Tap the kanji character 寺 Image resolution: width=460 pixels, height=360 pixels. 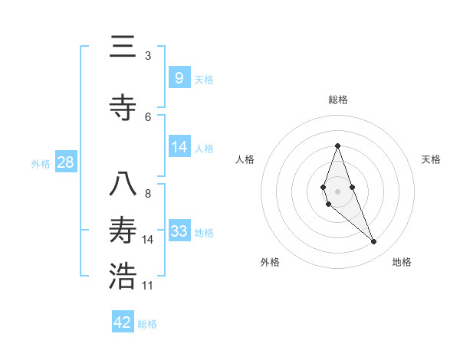click(x=123, y=108)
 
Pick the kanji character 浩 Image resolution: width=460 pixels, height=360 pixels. click(x=123, y=277)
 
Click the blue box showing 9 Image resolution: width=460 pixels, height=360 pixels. click(x=179, y=78)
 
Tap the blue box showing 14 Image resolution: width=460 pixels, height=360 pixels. click(x=179, y=147)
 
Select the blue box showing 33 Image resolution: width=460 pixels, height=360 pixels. click(x=179, y=231)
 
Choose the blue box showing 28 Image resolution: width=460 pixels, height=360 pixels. click(x=64, y=162)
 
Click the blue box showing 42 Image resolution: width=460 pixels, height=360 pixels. click(x=123, y=322)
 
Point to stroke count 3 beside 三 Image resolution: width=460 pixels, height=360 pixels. click(x=148, y=56)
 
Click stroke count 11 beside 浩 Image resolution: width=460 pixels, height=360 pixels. click(x=148, y=286)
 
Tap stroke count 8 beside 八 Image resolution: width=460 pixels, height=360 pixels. click(x=148, y=194)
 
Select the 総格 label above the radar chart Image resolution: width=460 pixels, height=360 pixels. click(x=337, y=100)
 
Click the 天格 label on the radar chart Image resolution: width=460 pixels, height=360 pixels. click(x=431, y=159)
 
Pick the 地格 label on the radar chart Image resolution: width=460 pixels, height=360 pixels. click(x=402, y=262)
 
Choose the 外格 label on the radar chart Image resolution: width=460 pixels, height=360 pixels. click(x=270, y=262)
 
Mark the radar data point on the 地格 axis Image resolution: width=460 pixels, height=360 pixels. click(x=373, y=242)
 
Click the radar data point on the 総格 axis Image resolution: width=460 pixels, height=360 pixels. click(x=337, y=146)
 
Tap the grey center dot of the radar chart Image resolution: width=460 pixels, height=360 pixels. click(x=337, y=191)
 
